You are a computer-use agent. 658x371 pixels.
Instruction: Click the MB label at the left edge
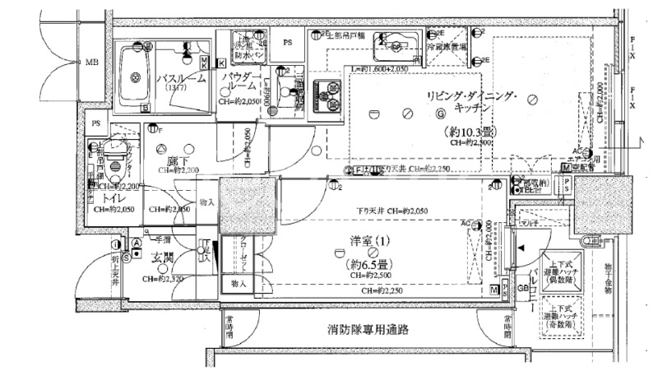[90, 63]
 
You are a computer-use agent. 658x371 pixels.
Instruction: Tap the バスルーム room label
[180, 79]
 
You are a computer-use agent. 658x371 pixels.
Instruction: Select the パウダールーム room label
[240, 82]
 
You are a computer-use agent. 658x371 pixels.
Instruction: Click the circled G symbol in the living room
[440, 114]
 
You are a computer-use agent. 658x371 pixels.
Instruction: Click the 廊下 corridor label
[174, 161]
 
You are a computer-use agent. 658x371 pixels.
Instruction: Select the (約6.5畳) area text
[368, 264]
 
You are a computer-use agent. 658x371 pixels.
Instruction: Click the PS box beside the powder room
[288, 41]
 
